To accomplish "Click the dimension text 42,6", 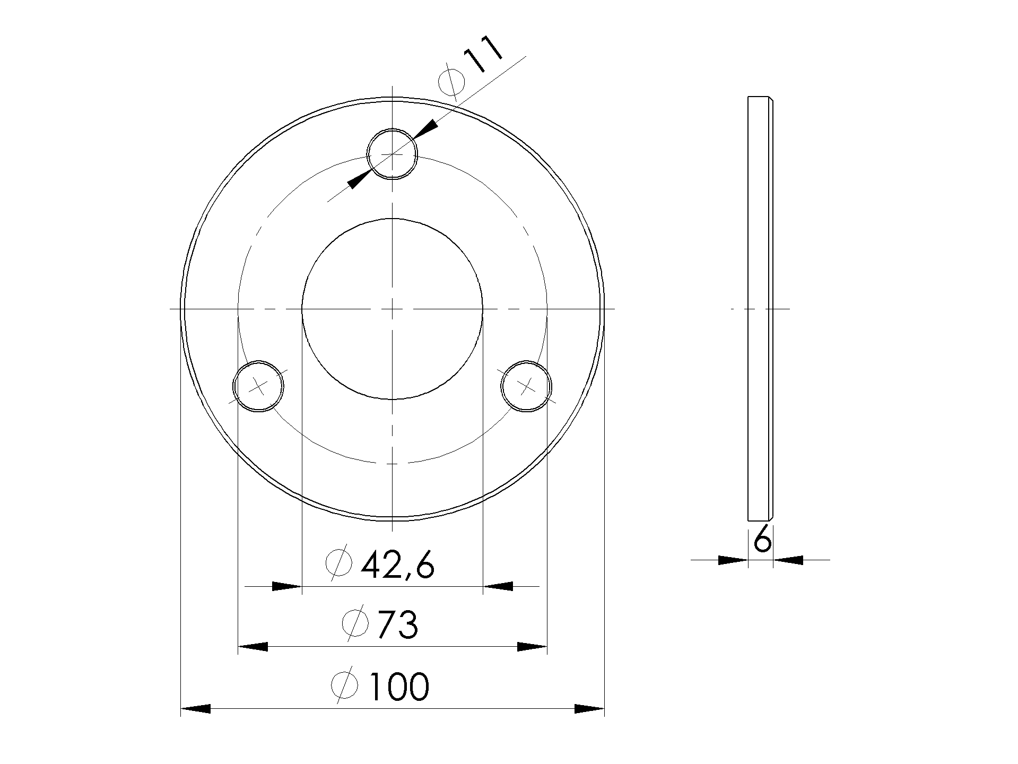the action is (398, 566).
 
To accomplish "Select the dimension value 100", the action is (398, 687).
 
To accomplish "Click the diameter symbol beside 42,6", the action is (339, 563).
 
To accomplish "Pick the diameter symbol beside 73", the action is (355, 623).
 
